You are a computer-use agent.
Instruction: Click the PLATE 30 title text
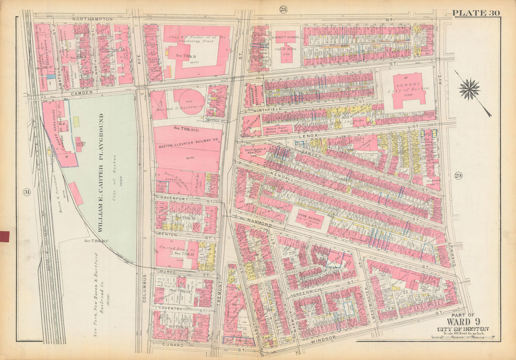pyautogui.click(x=476, y=13)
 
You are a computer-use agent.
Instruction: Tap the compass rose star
pyautogui.click(x=469, y=89)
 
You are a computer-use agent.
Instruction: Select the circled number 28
pyautogui.click(x=283, y=9)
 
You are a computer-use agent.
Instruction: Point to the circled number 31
pyautogui.click(x=26, y=192)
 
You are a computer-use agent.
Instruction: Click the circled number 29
pyautogui.click(x=458, y=176)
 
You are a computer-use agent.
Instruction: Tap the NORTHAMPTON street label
pyautogui.click(x=92, y=19)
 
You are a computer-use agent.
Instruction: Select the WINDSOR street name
pyautogui.click(x=324, y=338)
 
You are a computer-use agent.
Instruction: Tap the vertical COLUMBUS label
pyautogui.click(x=144, y=289)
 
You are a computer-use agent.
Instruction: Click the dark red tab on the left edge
pyautogui.click(x=5, y=237)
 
